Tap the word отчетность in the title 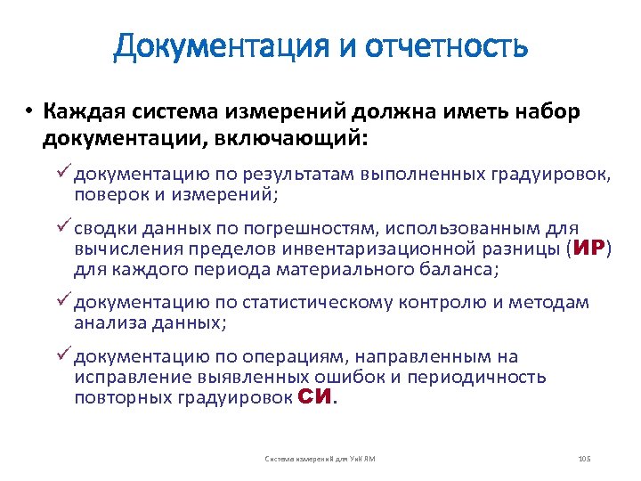pos(445,46)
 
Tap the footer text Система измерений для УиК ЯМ pos(320,459)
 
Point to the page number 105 pos(584,459)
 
